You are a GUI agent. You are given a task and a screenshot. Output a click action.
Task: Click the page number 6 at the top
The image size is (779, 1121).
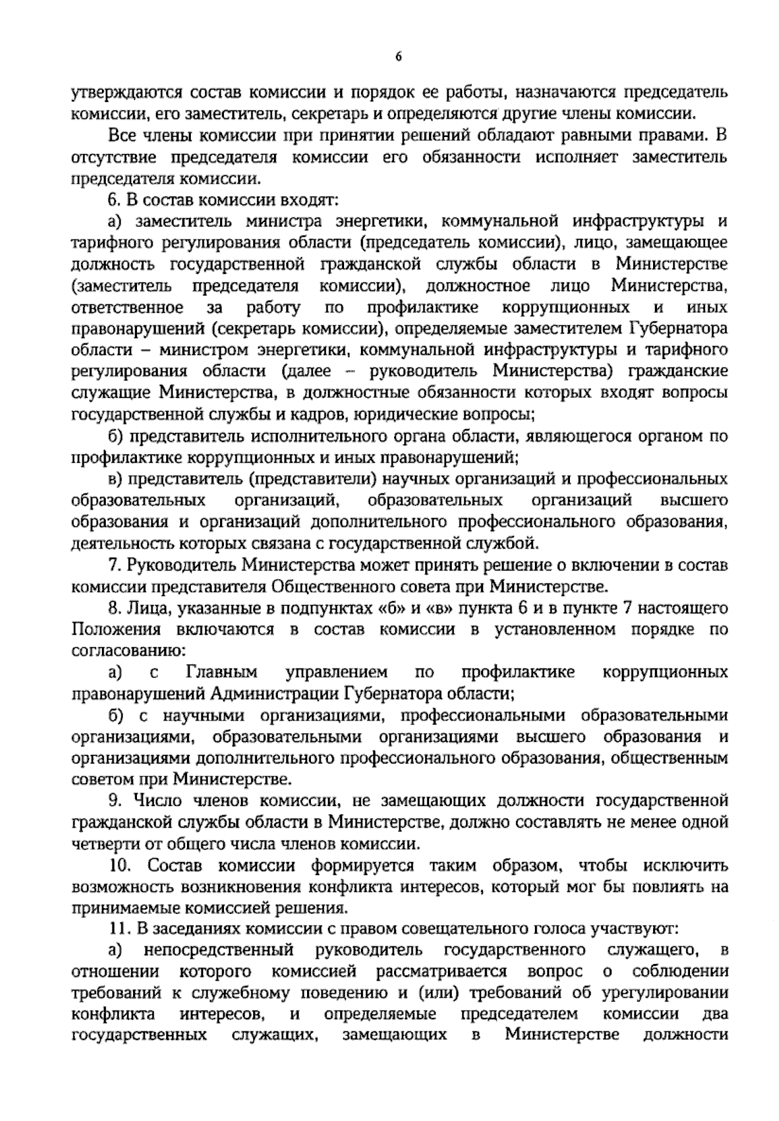point(399,56)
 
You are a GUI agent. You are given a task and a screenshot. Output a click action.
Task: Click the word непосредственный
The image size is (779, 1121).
point(219,950)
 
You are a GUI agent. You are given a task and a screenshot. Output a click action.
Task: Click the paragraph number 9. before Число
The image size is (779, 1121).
point(114,801)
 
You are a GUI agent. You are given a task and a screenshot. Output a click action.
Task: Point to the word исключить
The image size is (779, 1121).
point(686,865)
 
